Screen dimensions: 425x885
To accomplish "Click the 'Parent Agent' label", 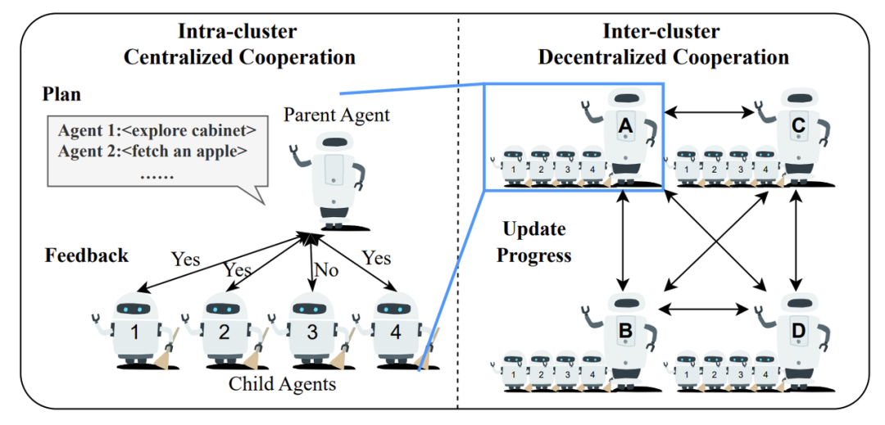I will pyautogui.click(x=337, y=115).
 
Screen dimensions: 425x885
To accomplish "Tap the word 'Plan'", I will pyautogui.click(x=62, y=94).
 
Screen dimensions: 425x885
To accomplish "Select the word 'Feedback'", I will pyautogui.click(x=86, y=255).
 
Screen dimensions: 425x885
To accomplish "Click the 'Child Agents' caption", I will pyautogui.click(x=282, y=383).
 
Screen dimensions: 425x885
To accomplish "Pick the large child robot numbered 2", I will pyautogui.click(x=221, y=332).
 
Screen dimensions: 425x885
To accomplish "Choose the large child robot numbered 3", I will pyautogui.click(x=311, y=332).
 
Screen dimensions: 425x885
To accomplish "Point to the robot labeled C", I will pyautogui.click(x=797, y=131).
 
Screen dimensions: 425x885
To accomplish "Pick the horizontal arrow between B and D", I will pyautogui.click(x=710, y=309).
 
